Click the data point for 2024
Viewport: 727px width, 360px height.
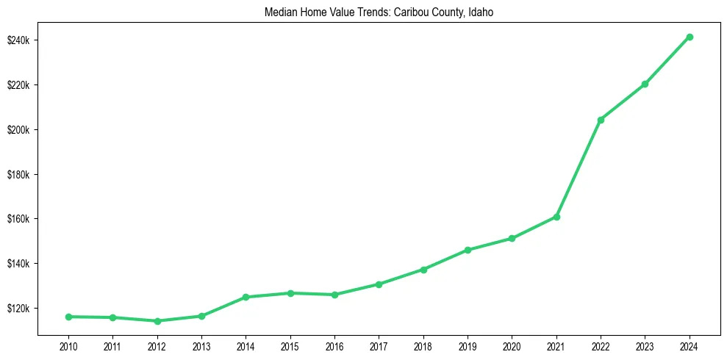tap(690, 37)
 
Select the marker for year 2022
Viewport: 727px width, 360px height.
tap(601, 120)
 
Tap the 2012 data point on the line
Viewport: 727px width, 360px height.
tap(157, 321)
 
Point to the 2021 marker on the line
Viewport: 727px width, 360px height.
tap(556, 217)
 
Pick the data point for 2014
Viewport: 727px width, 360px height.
tap(246, 298)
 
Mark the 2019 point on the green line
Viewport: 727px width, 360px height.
tap(468, 250)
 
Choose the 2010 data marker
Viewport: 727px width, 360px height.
tap(68, 317)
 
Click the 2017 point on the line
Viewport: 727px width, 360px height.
tap(379, 284)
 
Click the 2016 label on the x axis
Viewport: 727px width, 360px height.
tap(334, 346)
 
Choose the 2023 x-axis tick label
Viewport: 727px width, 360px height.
tap(645, 346)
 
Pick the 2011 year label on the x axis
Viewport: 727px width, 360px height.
tap(112, 346)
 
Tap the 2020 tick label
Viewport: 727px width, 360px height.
tap(512, 346)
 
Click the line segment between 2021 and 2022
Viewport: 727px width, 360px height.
tap(579, 168)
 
